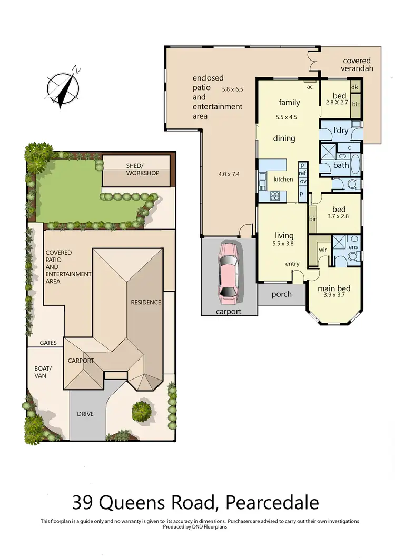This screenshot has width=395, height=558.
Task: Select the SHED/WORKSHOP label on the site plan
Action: click(x=142, y=169)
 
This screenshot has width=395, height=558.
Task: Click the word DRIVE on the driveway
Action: click(x=85, y=414)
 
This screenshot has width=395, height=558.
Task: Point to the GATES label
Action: click(x=48, y=343)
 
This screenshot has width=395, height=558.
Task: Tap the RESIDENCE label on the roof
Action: click(x=146, y=302)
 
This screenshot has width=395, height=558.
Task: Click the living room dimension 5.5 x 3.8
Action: click(x=284, y=244)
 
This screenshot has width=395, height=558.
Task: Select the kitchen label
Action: click(x=283, y=180)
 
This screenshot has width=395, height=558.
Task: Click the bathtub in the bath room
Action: click(x=354, y=165)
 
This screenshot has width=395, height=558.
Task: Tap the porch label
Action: click(x=281, y=294)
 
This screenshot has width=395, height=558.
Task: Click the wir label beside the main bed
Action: click(x=322, y=250)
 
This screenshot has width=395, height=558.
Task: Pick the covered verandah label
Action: click(x=357, y=65)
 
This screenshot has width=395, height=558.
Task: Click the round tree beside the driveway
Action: click(x=142, y=410)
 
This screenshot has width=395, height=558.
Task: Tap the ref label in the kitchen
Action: click(x=302, y=173)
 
